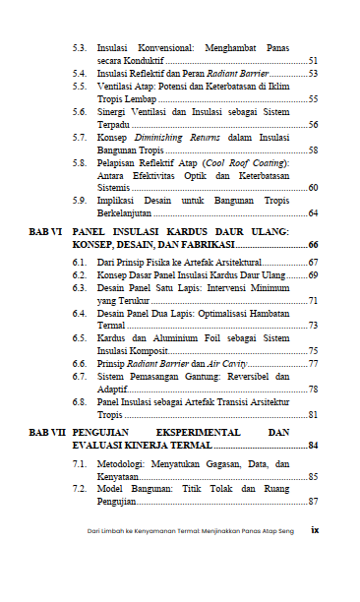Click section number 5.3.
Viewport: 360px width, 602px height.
pyautogui.click(x=81, y=47)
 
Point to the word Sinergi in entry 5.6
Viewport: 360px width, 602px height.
pyautogui.click(x=113, y=112)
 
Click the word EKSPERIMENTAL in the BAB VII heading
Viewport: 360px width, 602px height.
pyautogui.click(x=197, y=432)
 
